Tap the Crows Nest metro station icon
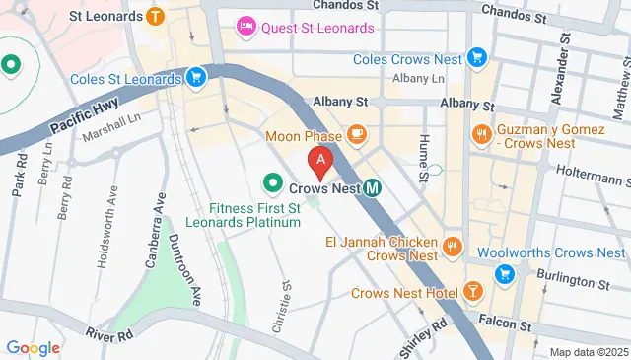372,186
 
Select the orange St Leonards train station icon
155,16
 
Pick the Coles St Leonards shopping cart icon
196,77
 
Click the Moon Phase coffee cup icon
356,135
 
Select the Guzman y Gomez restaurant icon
481,133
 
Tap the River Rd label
108,334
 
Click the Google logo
33,347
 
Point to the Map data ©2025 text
588,352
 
